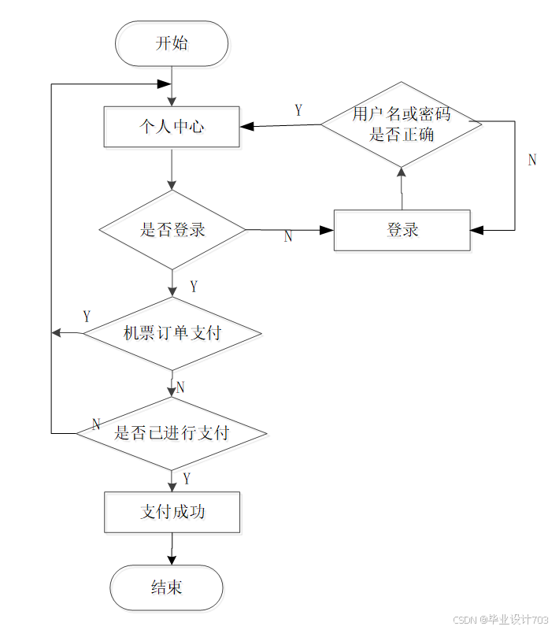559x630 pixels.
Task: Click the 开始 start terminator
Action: pos(172,43)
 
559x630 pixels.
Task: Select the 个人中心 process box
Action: pos(172,127)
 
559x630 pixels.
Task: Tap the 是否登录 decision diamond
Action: pos(172,230)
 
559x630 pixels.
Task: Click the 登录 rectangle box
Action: pos(402,230)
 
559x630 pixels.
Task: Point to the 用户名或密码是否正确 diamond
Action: pos(402,124)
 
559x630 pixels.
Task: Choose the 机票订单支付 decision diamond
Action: pos(172,333)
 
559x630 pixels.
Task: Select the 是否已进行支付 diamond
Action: pos(172,434)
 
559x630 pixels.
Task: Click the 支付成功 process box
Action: pos(172,513)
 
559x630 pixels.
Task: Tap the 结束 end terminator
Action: pos(167,587)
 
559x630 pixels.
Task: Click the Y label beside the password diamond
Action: pos(298,110)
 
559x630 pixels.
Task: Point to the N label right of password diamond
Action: pos(532,160)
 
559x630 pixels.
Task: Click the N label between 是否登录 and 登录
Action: pos(288,237)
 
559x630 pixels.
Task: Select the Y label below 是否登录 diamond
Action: pos(194,287)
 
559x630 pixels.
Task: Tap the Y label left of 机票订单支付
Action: pos(87,317)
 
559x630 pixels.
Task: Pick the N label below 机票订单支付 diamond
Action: pos(180,387)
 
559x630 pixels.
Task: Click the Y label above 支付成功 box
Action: pos(187,479)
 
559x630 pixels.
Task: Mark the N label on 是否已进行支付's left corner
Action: pos(96,424)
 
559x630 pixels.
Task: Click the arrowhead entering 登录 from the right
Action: pos(476,230)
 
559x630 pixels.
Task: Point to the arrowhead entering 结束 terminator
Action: pos(172,560)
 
